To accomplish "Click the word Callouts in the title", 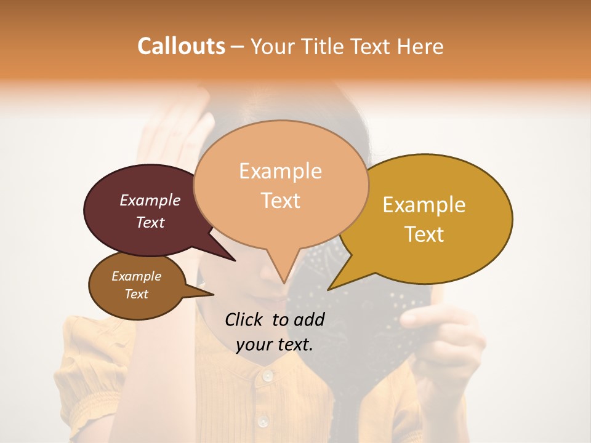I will [x=181, y=46].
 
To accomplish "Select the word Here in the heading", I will [x=418, y=46].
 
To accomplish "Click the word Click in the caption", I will [x=244, y=319].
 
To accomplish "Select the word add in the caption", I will [x=310, y=319].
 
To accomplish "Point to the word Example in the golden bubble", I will [x=424, y=205].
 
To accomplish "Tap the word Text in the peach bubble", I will [x=280, y=201].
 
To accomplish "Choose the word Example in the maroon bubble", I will [x=150, y=200].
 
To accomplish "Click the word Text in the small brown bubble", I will [x=137, y=294].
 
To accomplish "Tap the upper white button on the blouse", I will [x=267, y=375].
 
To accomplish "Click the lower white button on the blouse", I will [x=263, y=421].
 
